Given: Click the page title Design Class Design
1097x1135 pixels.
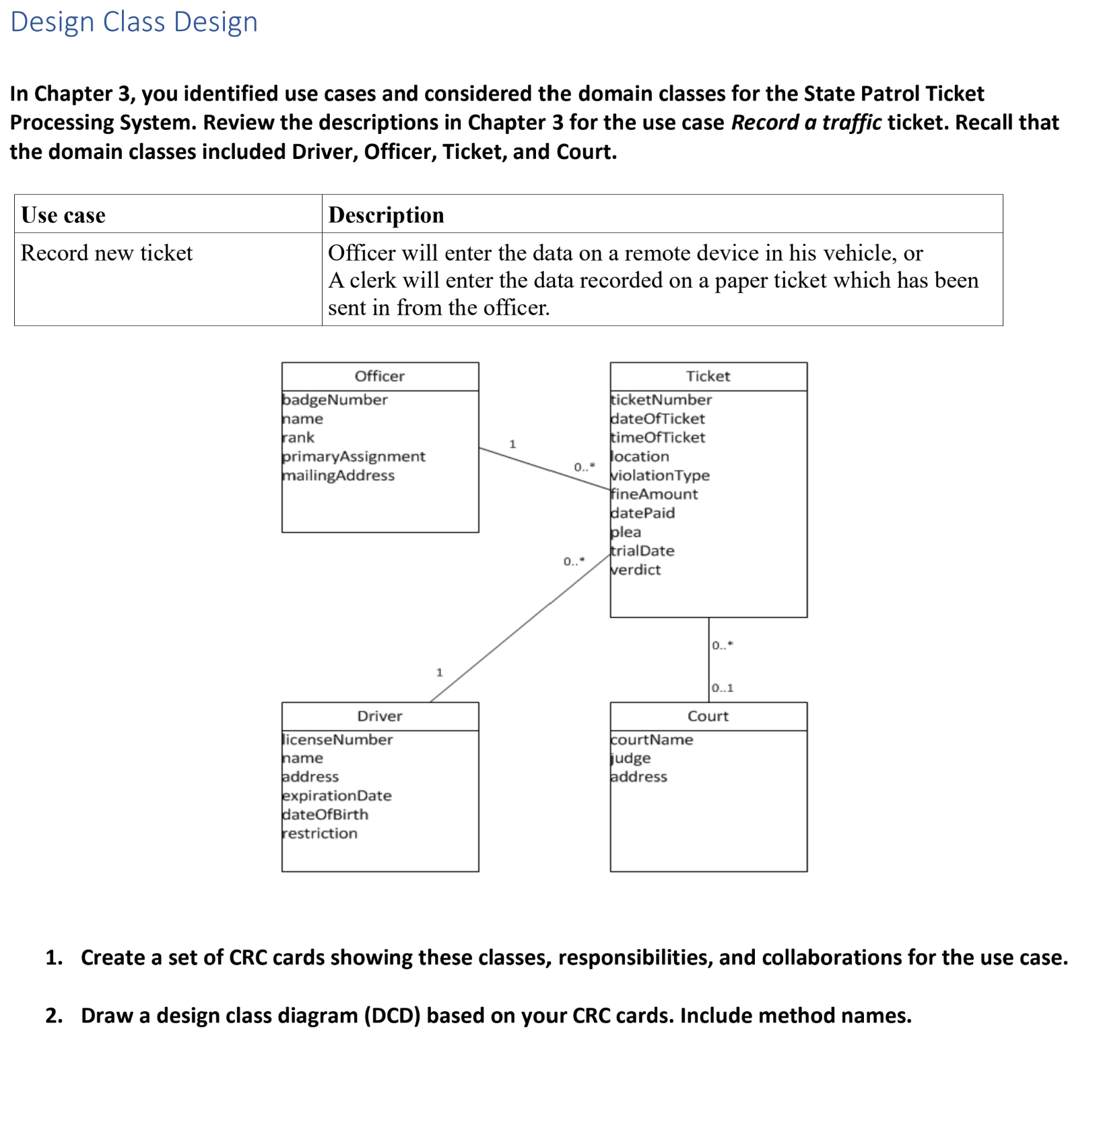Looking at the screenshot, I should [x=134, y=22].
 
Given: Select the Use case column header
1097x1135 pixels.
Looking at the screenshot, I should [x=63, y=215].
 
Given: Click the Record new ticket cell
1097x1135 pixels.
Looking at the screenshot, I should [x=106, y=253].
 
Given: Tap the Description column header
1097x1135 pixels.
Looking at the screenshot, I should [x=386, y=215].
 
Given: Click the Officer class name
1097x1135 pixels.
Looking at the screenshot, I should [x=379, y=376].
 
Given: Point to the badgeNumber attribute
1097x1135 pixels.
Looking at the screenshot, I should [x=335, y=399].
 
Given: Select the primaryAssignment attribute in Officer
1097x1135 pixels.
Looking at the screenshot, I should [x=354, y=456].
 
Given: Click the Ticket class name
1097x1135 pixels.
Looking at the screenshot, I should [x=708, y=376].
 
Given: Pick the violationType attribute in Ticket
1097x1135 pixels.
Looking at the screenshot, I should [x=660, y=475].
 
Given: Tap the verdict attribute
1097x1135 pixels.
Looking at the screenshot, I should [x=636, y=569].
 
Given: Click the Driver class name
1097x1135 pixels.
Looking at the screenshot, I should [x=379, y=716].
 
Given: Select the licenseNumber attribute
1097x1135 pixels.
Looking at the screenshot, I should [x=337, y=739].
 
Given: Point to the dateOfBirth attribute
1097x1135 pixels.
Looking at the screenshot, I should [x=325, y=814].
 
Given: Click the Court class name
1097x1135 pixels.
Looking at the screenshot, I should [x=708, y=716].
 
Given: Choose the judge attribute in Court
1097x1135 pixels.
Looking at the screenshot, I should [x=631, y=758].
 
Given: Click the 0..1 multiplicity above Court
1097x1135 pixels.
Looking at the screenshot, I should [x=723, y=688].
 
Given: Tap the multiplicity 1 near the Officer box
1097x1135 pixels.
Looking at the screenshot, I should [x=512, y=444].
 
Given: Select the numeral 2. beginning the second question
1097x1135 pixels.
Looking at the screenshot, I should [x=54, y=1015].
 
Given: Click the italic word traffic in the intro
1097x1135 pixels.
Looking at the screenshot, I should [x=851, y=123].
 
